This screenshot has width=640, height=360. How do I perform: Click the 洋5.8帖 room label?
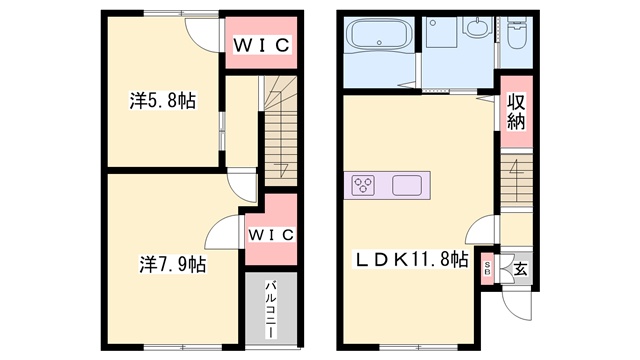click(x=163, y=100)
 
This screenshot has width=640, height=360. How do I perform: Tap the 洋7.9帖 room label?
click(x=173, y=264)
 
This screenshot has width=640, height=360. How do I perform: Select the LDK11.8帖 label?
click(x=411, y=260)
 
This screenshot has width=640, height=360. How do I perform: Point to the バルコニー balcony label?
click(x=271, y=309)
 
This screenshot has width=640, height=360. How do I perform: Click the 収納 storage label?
click(x=516, y=111)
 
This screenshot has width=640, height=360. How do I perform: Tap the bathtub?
click(x=379, y=34)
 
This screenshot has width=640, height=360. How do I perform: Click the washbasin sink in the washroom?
click(x=477, y=27)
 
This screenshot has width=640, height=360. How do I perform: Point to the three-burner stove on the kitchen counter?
click(x=364, y=185)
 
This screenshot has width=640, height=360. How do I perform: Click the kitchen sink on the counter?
click(x=407, y=185)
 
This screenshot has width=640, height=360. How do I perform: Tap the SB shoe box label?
click(x=487, y=268)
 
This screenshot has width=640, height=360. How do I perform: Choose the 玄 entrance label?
click(x=520, y=269)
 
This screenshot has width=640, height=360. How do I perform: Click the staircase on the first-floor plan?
click(x=516, y=179)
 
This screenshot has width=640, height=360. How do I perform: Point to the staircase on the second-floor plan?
click(x=280, y=131)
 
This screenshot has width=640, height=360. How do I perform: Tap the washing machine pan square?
click(x=441, y=32)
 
